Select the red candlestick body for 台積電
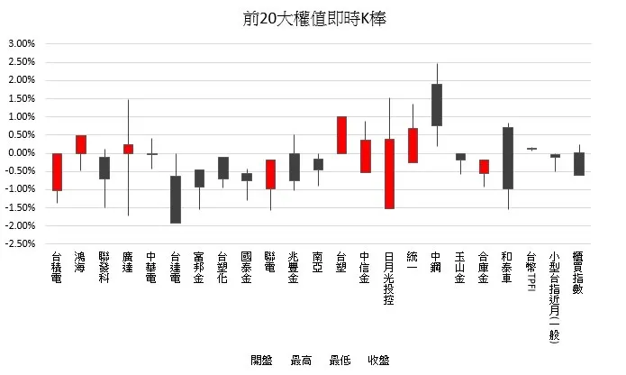57,171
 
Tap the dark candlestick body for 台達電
176,199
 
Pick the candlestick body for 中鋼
437,105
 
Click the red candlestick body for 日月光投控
389,173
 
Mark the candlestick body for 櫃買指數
579,163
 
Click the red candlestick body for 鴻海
81,144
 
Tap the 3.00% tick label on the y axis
21,43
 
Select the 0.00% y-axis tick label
21,153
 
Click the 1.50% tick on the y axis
21,98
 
